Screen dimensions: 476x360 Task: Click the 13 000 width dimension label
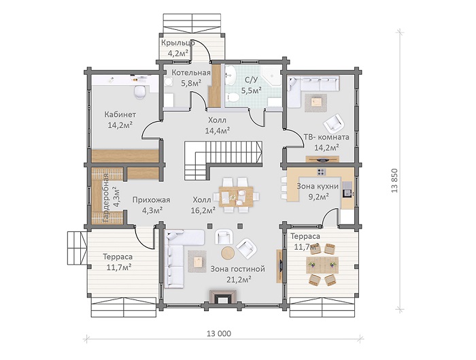pos(219,333)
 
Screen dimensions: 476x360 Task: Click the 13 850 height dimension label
pos(394,180)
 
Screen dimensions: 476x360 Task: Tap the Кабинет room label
pos(120,114)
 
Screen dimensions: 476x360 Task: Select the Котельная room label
pos(191,73)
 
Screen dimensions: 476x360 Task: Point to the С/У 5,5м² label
pos(252,85)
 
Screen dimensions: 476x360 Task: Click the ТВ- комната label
pos(326,137)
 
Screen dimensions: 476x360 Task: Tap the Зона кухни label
pos(318,186)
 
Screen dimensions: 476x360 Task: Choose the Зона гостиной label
pos(238,269)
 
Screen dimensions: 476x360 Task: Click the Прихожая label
pos(151,200)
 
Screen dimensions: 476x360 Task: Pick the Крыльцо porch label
pos(178,43)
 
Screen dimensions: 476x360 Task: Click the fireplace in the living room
pos(223,297)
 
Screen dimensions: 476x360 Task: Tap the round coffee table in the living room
pos(227,252)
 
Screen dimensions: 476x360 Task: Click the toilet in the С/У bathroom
pos(233,97)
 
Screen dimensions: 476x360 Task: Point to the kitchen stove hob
pos(321,172)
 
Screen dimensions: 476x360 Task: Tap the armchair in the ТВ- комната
pos(334,123)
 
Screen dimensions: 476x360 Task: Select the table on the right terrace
pos(322,264)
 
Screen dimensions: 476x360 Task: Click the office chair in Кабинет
pos(140,92)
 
